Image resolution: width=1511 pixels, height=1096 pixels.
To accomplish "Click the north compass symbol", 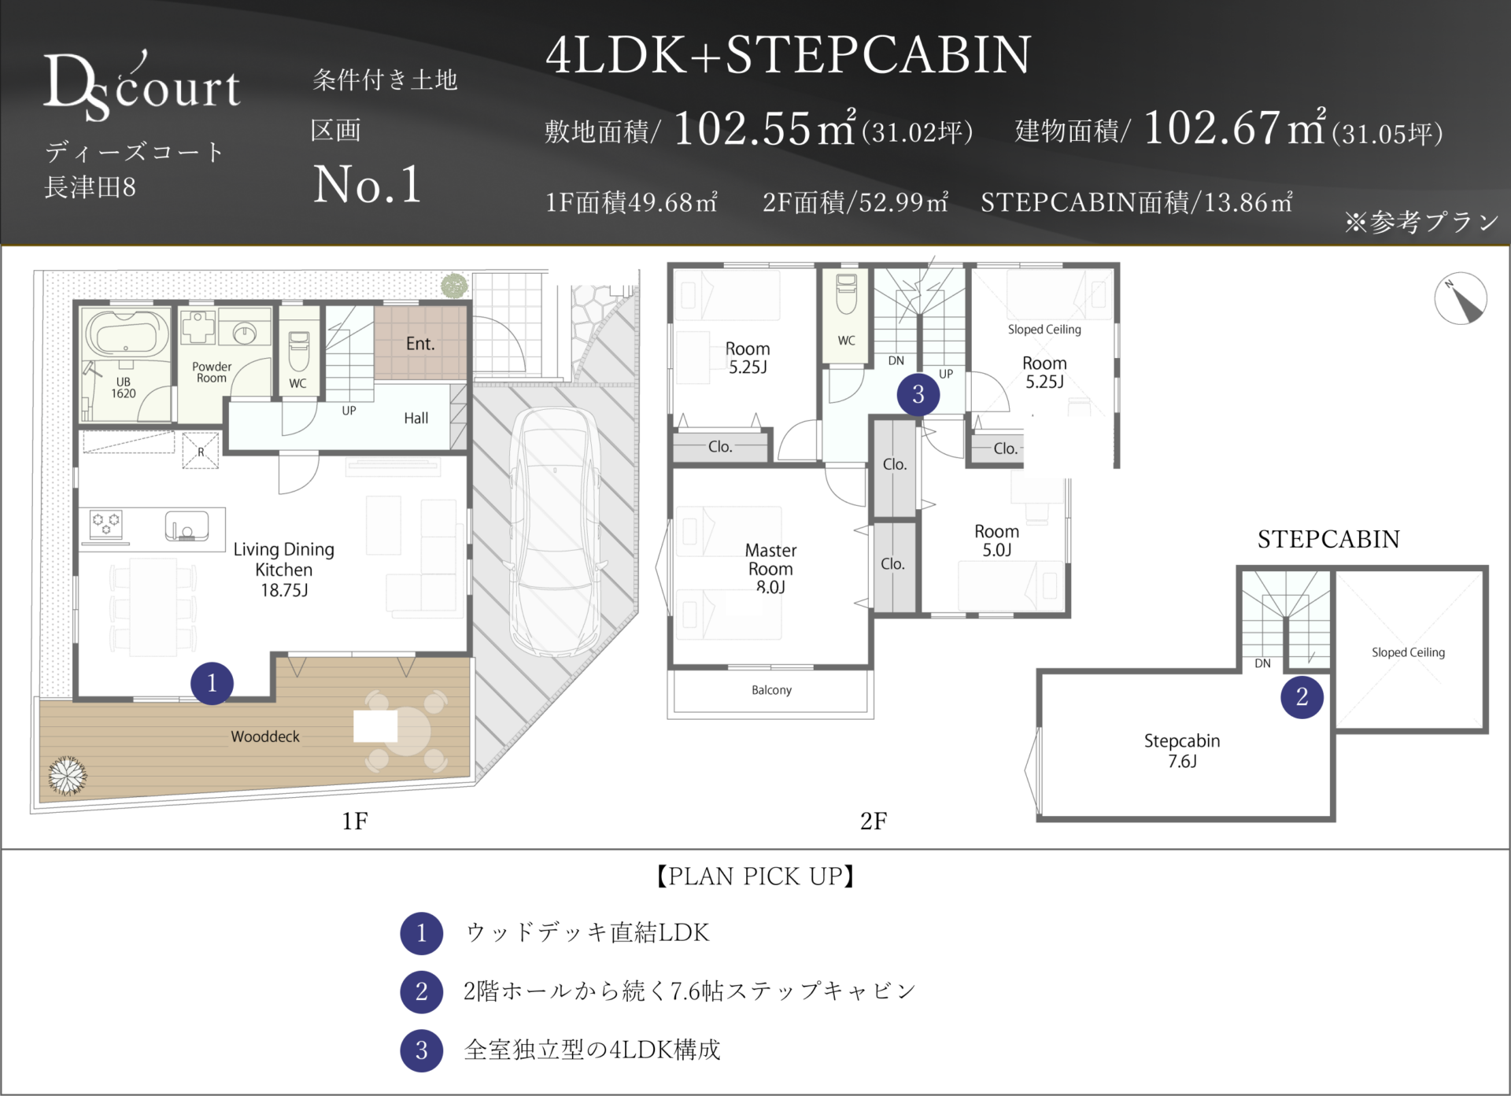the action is tap(1461, 299).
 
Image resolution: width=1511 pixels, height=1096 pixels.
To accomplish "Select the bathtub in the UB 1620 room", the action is tap(127, 333).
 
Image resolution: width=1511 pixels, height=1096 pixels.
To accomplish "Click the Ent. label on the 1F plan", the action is tap(420, 344).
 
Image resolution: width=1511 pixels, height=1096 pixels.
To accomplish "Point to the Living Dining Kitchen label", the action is tap(284, 570).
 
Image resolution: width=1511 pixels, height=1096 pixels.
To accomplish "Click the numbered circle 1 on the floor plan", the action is tap(212, 683).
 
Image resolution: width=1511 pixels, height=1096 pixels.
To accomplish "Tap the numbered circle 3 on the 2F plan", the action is tap(918, 394).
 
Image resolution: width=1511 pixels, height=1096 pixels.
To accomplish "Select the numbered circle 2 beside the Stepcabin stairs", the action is tap(1302, 697).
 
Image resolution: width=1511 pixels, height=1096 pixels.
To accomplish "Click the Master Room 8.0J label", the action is tap(770, 568).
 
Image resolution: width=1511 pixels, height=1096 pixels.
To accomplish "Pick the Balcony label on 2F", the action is tap(771, 690).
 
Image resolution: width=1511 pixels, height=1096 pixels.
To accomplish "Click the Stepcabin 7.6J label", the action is tap(1182, 751).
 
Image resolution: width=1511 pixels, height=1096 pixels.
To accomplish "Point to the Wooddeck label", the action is tap(265, 736).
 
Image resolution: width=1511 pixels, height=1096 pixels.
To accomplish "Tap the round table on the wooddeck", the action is tap(406, 731).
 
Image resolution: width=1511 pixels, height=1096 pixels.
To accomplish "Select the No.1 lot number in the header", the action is tap(368, 185).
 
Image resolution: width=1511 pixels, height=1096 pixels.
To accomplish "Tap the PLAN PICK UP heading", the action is tap(755, 876).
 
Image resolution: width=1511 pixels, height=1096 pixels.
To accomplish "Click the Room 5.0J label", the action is tap(996, 541).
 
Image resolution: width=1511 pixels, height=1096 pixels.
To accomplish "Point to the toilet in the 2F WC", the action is tap(847, 294).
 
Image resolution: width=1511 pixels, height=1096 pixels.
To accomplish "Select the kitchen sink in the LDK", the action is tap(187, 526).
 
